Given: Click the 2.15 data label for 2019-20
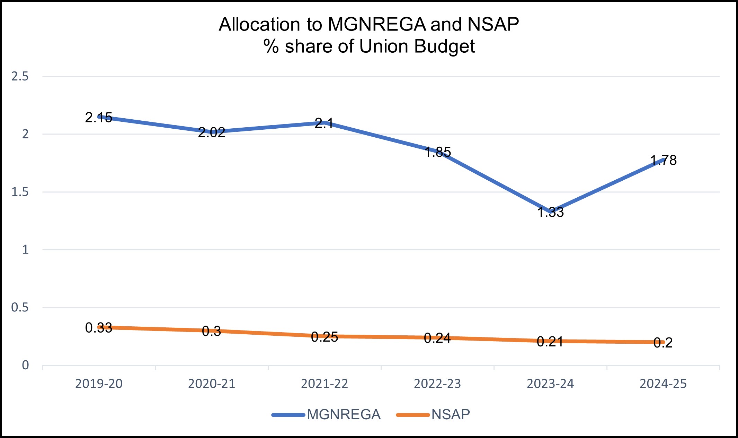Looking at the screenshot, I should coord(99,118).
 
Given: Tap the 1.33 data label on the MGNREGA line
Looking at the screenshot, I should coord(551,212).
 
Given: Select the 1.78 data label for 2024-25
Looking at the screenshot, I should coord(664,160).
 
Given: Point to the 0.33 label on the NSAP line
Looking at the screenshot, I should coord(99,328).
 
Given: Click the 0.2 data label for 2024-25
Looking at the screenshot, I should coord(663,343).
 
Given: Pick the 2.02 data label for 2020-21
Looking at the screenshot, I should coord(212,132).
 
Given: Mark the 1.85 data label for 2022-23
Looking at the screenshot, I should coord(438,152).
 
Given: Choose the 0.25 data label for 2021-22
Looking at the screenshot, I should coord(324,337).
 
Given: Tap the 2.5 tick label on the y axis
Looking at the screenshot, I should coord(20,76).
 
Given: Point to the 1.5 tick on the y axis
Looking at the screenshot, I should coord(20,192).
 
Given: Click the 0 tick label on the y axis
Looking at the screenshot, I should coord(25,365).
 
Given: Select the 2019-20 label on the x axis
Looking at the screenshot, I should coord(99,384).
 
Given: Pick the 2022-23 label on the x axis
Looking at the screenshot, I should coord(437,384).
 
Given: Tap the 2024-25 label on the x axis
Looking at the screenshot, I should coord(663,384).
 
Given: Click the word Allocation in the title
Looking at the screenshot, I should coord(259,25).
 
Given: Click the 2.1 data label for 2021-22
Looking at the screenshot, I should coord(324,123).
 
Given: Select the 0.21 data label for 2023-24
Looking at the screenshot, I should coord(550,342).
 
